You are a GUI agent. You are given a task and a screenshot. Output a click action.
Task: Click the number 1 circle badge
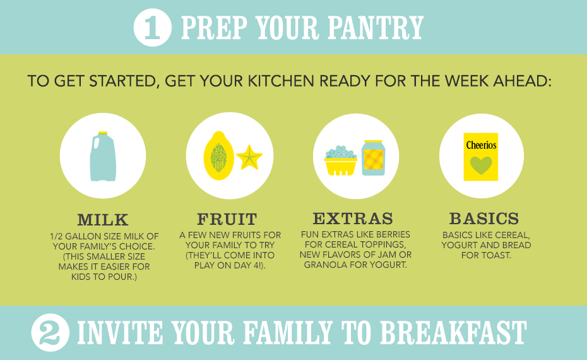[x=152, y=27]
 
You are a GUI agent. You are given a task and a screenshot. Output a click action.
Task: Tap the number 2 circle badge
[x=50, y=332]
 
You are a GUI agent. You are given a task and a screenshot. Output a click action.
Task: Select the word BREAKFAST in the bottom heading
[x=453, y=332]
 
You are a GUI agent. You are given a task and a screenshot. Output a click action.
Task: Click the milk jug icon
[x=103, y=156]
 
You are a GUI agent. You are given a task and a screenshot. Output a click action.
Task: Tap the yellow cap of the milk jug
[x=103, y=133]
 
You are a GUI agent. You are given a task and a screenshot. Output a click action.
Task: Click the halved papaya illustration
[x=218, y=156]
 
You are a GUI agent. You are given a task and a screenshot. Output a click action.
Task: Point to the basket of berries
[x=340, y=160]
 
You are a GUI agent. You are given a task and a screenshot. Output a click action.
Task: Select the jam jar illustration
[x=373, y=158]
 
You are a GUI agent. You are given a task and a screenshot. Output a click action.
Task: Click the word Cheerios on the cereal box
[x=481, y=145]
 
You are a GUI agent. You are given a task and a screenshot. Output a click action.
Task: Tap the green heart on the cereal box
[x=481, y=165]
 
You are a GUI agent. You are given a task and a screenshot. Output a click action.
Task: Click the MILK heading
[x=103, y=220]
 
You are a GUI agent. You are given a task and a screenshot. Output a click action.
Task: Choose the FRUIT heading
[x=227, y=219]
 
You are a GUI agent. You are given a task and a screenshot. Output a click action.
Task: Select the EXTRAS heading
[x=353, y=219]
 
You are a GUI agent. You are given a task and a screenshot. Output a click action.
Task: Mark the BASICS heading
[x=484, y=219]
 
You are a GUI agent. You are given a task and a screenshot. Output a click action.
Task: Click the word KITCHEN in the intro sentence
[x=281, y=81]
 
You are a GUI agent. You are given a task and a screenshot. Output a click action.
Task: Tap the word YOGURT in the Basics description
[x=456, y=246]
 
